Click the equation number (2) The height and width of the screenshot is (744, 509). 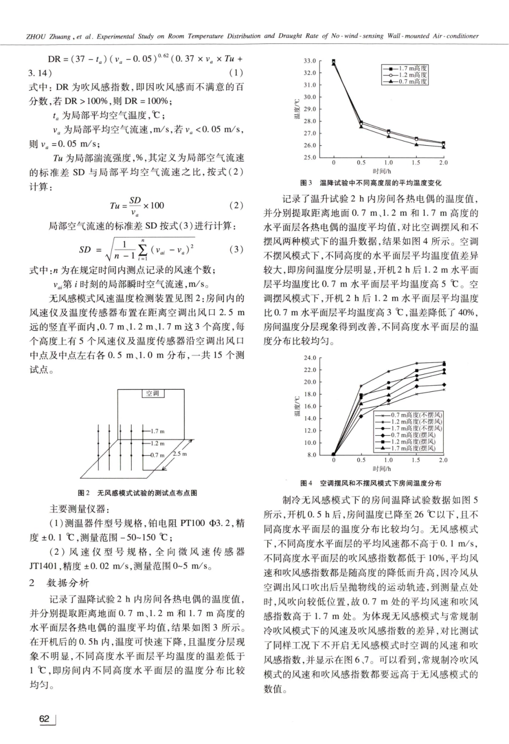pyautogui.click(x=236, y=205)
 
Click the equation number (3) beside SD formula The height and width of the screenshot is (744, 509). pyautogui.click(x=236, y=249)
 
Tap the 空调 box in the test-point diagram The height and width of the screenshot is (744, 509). pyautogui.click(x=153, y=393)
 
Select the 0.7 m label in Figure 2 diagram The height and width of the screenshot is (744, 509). pyautogui.click(x=157, y=455)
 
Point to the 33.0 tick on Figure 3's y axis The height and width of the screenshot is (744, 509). pyautogui.click(x=309, y=61)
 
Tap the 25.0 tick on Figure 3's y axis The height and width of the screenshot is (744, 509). pyautogui.click(x=309, y=158)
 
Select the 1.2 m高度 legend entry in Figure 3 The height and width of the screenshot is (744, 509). pyautogui.click(x=413, y=75)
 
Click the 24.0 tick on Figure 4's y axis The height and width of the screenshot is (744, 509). pyautogui.click(x=310, y=358)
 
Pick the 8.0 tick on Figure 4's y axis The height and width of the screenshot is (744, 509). pyautogui.click(x=311, y=455)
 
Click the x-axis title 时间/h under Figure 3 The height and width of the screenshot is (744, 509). pyautogui.click(x=387, y=170)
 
